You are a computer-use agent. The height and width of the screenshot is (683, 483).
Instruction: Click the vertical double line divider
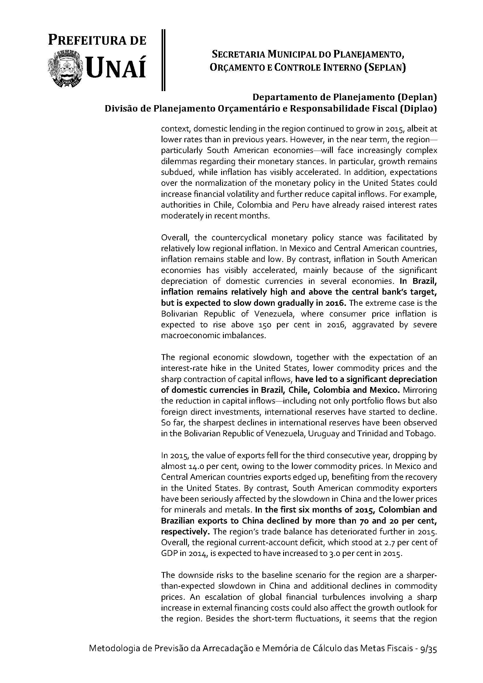(163, 60)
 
